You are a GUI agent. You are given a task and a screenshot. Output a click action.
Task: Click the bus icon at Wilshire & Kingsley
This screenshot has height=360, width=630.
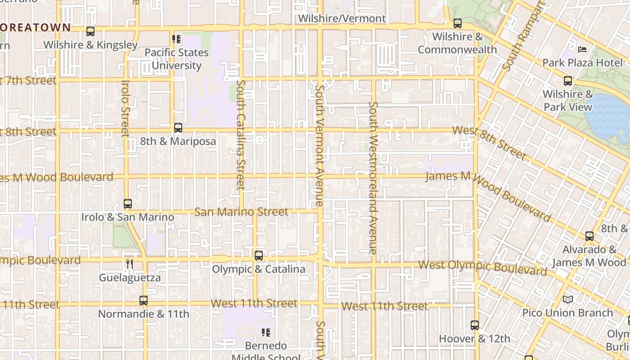(x=90, y=31)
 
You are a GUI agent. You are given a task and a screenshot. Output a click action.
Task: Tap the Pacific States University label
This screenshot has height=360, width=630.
(x=176, y=59)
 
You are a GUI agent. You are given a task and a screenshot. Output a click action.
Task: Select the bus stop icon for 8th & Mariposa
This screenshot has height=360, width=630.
(x=178, y=128)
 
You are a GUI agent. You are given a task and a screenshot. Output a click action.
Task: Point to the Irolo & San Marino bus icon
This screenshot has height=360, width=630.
(x=128, y=204)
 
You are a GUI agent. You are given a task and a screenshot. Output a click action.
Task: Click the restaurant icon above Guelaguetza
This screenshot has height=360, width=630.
(x=130, y=264)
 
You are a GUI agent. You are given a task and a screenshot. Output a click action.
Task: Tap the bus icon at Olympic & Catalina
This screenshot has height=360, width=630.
(x=259, y=256)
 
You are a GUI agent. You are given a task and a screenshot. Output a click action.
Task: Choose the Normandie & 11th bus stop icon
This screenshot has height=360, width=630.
(x=144, y=300)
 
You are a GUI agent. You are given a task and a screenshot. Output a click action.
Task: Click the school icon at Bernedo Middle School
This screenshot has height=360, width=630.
(x=266, y=333)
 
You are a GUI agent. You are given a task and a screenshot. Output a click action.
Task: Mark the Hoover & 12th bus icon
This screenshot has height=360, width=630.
(x=475, y=325)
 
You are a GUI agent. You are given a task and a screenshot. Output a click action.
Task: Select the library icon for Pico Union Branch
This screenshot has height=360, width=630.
(x=568, y=299)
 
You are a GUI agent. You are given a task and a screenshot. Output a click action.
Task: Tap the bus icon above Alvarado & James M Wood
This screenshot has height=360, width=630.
(x=589, y=236)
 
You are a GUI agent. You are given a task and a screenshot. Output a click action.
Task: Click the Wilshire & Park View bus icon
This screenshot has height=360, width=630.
(x=568, y=81)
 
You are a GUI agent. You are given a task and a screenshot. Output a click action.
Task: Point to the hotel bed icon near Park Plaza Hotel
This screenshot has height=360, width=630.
(x=582, y=49)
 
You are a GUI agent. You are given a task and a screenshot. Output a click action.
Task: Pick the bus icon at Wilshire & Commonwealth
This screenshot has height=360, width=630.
(x=458, y=23)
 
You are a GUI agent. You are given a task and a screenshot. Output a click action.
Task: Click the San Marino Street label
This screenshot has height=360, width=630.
(x=241, y=211)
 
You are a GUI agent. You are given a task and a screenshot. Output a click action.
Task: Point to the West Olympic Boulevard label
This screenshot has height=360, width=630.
(x=482, y=267)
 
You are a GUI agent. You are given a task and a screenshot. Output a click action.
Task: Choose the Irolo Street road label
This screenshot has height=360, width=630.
(x=126, y=108)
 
